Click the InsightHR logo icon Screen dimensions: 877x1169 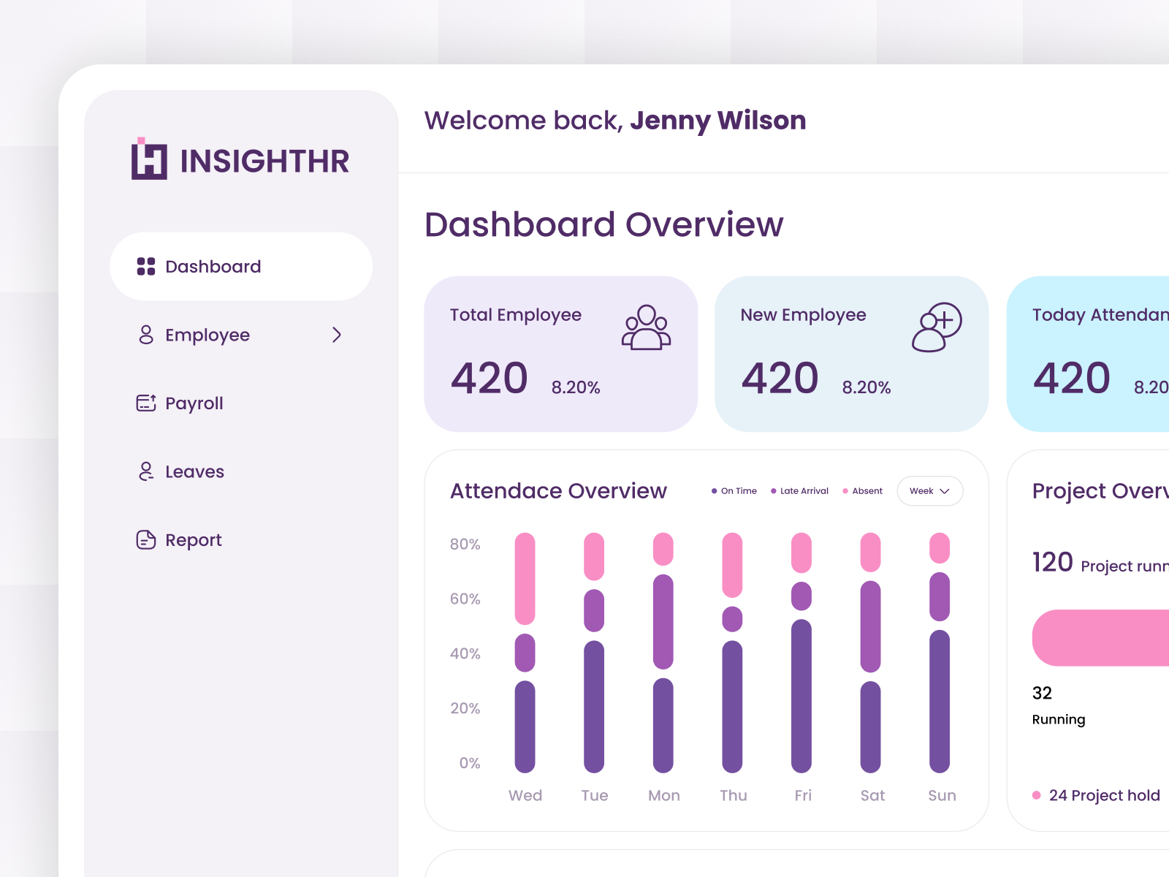tap(149, 159)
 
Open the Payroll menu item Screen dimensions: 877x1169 tap(194, 403)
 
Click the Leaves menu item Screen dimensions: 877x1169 tap(194, 472)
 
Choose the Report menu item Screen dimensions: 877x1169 tap(193, 540)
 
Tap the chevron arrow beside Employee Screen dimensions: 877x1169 tap(337, 335)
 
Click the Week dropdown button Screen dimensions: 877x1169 tap(929, 491)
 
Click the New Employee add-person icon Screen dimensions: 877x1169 tap(937, 327)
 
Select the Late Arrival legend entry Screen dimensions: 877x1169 tap(800, 491)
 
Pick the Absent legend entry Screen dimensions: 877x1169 tap(863, 491)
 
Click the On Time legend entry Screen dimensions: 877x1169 tap(734, 491)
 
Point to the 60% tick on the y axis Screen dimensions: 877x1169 tap(465, 599)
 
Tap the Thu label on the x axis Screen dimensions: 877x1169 tap(733, 795)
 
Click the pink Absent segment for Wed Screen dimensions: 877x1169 tap(525, 578)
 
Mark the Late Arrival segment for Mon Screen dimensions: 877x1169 tap(663, 621)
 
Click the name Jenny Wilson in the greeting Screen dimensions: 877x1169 tap(717, 121)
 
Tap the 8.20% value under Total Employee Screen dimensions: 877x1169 tap(576, 387)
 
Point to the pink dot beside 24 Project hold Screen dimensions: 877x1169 tap(1036, 795)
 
